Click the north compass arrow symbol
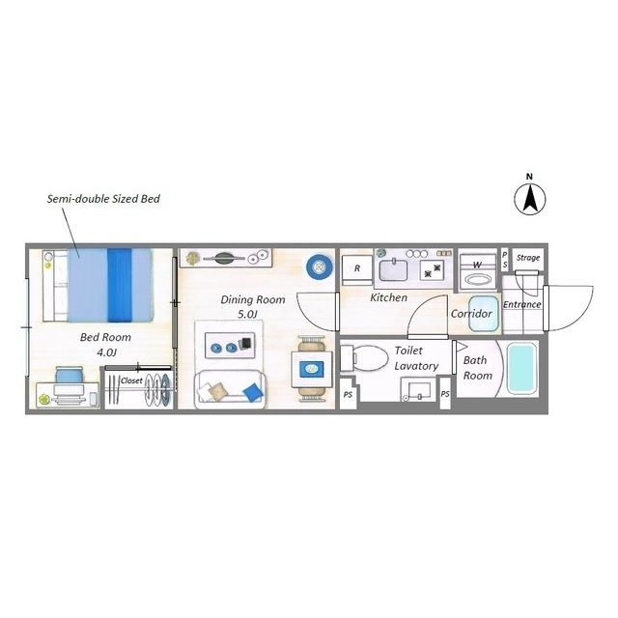[530, 199]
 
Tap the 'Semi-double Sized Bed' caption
[103, 199]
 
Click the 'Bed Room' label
[105, 337]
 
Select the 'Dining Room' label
[253, 299]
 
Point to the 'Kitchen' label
[388, 297]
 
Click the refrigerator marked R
[357, 270]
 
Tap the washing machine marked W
[478, 272]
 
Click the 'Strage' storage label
[528, 258]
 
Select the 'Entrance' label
[521, 304]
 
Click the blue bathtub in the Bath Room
[522, 368]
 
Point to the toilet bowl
[364, 358]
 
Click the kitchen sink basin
[393, 270]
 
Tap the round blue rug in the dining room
[319, 267]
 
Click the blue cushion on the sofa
[252, 393]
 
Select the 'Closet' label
[131, 380]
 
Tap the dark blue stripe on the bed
[120, 286]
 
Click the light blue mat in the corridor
[484, 314]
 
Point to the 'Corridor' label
[471, 314]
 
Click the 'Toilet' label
[408, 351]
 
